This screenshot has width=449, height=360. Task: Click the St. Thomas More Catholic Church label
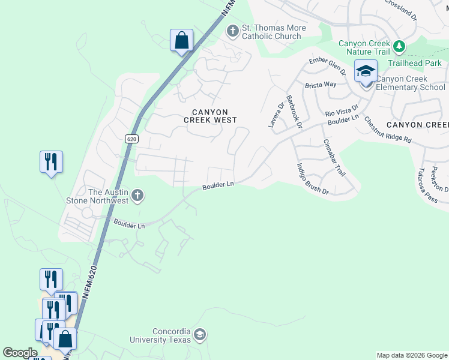pos(274,32)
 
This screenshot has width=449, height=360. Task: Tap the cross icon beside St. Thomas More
pos(232,30)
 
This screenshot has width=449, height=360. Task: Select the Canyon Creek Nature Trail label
pos(364,47)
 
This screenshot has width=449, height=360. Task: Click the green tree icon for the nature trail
pos(399,46)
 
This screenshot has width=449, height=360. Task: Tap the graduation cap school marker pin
pos(365,72)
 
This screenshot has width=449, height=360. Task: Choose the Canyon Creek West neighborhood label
pos(210,116)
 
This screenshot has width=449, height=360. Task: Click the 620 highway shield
pos(132,139)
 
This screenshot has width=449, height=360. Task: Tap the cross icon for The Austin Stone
pos(137,195)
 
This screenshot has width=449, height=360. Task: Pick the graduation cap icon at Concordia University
pos(200,334)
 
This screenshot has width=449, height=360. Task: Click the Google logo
pos(20,353)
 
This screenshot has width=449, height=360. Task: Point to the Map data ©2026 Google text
pos(412,355)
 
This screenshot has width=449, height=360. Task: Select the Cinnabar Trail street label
pos(334,158)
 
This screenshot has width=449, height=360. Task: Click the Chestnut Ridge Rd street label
pos(387,130)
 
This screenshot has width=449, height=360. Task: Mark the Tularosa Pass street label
pos(429,185)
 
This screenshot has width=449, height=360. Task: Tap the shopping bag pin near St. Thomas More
pos(181,41)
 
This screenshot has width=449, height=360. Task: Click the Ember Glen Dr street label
pos(328,64)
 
